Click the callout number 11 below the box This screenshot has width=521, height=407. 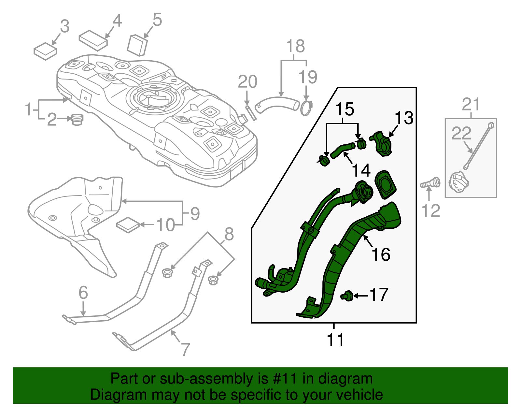click(x=335, y=340)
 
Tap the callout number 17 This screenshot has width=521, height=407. click(x=379, y=295)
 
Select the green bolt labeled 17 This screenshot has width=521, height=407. click(x=347, y=296)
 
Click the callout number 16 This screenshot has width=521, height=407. click(x=381, y=254)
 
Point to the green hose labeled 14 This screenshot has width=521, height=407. click(x=343, y=149)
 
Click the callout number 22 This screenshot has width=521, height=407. click(x=461, y=133)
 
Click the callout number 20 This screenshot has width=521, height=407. click(x=247, y=82)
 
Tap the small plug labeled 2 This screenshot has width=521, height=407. click(x=77, y=119)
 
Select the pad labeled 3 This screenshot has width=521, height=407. click(x=45, y=51)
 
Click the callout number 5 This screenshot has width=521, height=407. click(x=157, y=20)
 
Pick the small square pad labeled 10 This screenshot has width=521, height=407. click(x=128, y=225)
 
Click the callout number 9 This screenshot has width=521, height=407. click(x=195, y=214)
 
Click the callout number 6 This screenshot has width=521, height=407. click(x=83, y=292)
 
